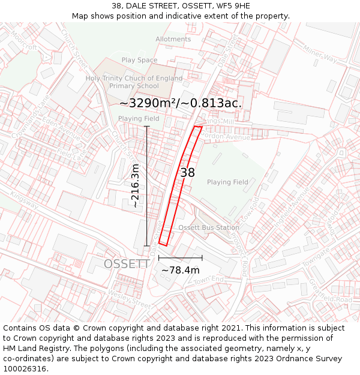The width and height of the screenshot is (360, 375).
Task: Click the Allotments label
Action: (173, 40)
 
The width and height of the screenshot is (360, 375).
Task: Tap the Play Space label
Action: (139, 60)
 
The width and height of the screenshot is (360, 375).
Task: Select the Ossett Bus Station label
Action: (208, 228)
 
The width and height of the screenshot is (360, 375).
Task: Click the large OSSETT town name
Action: (126, 264)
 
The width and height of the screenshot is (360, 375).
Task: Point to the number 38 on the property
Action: (187, 173)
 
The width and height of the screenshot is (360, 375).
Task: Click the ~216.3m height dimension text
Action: (136, 186)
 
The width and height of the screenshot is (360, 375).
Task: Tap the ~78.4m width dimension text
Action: (180, 271)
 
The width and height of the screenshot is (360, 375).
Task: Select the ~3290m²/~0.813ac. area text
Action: (180, 103)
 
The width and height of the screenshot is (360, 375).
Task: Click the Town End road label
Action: (208, 280)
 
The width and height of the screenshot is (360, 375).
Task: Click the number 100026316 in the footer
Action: (26, 369)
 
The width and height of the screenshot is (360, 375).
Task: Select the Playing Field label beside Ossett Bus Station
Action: (227, 182)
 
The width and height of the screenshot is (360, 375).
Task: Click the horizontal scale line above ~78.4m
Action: (180, 258)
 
